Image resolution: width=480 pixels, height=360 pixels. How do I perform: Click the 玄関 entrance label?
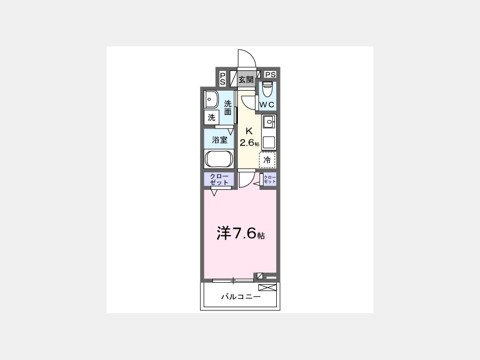pos(246,80)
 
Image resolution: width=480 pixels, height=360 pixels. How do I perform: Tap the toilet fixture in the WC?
pos(268,89)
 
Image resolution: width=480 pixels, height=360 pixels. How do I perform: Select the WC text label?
pos(267,105)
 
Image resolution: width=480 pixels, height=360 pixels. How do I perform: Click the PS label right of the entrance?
pos(270,74)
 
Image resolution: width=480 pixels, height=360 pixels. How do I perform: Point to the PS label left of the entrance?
pos(222,79)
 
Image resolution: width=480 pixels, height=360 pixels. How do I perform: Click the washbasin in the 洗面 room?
pos(211,99)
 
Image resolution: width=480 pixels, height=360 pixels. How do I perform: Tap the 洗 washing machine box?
pos(212,117)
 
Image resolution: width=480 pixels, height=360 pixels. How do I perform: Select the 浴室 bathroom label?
pos(220,140)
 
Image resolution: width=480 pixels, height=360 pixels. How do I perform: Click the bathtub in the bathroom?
pos(219,158)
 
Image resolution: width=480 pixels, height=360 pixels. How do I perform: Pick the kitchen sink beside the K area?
pos(269,122)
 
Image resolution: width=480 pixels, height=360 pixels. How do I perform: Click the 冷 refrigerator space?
pos(267,160)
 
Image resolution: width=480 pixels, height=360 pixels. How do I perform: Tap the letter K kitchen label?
pos(249,131)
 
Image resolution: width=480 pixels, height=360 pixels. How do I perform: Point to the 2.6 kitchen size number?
pos(247,142)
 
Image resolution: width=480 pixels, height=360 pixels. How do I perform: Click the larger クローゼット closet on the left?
pos(219,179)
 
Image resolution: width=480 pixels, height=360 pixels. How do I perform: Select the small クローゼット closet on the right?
pos(269,179)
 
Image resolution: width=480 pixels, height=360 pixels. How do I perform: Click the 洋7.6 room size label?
pos(241,233)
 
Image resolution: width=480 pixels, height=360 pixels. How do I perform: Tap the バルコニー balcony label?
pos(241,297)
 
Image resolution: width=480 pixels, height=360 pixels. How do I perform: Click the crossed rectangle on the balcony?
pos(267,287)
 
